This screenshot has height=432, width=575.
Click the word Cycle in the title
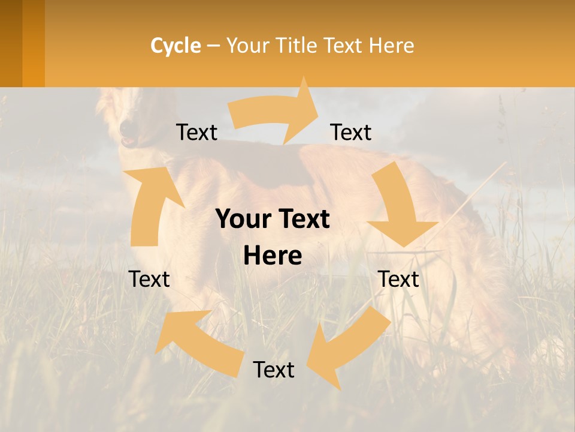tap(175, 46)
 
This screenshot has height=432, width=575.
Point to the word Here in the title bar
tap(391, 46)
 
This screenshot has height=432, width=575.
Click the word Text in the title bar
tap(343, 46)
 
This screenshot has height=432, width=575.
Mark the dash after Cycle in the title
tap(213, 46)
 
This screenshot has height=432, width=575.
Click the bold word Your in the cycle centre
tap(244, 220)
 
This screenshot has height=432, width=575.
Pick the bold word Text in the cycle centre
tap(304, 220)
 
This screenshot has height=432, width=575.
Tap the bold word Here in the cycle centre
tap(273, 256)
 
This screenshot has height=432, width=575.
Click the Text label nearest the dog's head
tap(196, 133)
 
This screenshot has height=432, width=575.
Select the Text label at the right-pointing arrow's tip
tap(351, 133)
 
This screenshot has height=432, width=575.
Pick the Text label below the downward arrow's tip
tap(399, 279)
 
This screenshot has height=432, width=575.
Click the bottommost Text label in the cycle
tap(274, 370)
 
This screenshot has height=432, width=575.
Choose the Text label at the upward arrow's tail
tap(149, 279)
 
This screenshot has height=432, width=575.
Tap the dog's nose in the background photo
tap(126, 128)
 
